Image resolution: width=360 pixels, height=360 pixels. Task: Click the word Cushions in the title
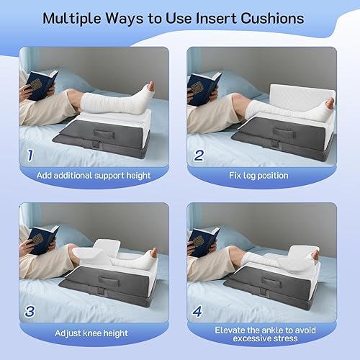click(272, 19)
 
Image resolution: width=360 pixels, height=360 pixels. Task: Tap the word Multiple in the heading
click(72, 19)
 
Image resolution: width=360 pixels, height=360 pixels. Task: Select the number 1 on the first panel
click(30, 156)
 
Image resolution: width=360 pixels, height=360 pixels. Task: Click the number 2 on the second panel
click(199, 156)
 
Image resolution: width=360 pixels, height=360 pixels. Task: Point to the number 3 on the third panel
click(30, 311)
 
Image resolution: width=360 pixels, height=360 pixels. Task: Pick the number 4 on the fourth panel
click(197, 311)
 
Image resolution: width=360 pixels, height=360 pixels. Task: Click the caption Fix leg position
click(258, 176)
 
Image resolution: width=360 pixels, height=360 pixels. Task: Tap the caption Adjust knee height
click(91, 333)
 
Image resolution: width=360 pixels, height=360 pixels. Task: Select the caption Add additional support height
click(94, 176)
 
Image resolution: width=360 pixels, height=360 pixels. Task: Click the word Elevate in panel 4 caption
click(230, 330)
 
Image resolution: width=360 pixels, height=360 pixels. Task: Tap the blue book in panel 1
click(41, 84)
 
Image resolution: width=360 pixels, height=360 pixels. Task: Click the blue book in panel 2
click(204, 88)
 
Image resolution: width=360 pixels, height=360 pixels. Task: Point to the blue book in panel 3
click(43, 240)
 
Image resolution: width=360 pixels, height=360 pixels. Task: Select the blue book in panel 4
click(204, 242)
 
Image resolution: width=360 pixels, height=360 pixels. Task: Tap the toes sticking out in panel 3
click(153, 253)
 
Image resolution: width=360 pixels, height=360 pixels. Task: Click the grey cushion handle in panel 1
click(104, 133)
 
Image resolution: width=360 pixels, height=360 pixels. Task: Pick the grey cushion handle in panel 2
click(284, 132)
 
